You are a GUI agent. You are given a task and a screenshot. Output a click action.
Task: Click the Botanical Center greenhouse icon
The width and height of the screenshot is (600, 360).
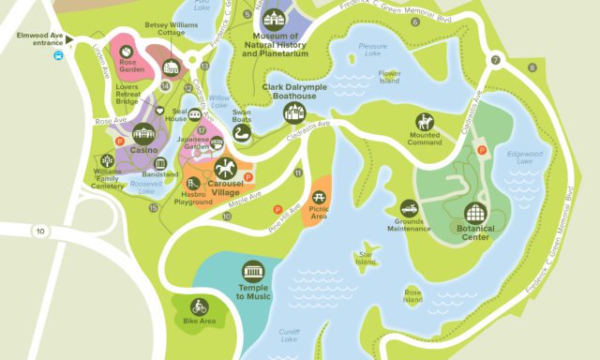[476, 213]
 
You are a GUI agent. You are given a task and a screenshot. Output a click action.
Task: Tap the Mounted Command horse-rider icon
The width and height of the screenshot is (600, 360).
[425, 123]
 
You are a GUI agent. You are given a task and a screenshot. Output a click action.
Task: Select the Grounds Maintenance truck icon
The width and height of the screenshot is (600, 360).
[409, 207]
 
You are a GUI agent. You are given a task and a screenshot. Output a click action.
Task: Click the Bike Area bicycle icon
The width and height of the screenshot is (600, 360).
[199, 306]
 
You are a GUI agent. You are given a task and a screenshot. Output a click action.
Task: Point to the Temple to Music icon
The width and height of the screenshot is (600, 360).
[253, 270]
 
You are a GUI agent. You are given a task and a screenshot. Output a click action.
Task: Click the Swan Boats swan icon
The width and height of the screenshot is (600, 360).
[242, 136]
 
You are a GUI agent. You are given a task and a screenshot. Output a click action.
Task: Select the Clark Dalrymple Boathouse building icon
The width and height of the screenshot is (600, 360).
[294, 112]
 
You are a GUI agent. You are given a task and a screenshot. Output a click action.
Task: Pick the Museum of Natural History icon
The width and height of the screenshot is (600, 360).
[274, 19]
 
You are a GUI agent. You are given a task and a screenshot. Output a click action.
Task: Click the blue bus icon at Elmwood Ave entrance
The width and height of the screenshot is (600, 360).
[59, 54]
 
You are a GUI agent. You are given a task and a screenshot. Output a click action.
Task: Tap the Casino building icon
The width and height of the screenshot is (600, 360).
[143, 133]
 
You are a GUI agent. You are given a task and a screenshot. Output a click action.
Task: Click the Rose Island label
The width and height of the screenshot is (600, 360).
[412, 295]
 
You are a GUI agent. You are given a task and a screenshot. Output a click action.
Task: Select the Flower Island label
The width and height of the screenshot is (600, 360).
[389, 77]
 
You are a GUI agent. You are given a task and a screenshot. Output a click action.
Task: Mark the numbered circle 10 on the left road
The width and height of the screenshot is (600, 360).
[39, 230]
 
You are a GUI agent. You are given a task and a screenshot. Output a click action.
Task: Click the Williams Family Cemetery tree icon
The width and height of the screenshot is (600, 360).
[107, 161]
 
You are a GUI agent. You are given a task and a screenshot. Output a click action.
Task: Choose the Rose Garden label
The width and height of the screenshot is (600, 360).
[131, 65]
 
